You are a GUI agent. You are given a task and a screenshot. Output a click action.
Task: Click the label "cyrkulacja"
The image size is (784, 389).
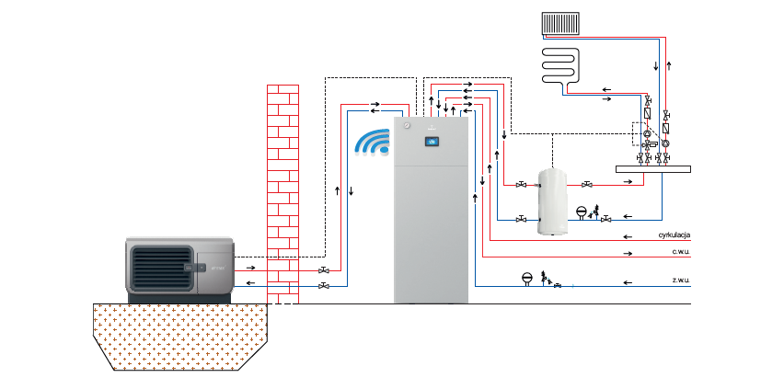674,236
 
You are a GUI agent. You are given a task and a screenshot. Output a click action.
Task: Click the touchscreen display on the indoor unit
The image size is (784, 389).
432,142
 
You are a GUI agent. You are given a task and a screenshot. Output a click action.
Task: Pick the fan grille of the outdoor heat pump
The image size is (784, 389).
159,268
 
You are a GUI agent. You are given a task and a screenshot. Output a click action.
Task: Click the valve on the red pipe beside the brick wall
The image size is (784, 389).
324,271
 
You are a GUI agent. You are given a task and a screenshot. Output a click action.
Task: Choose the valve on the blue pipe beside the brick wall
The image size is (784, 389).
324,287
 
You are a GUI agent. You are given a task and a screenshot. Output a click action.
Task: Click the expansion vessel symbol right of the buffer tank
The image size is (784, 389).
582,211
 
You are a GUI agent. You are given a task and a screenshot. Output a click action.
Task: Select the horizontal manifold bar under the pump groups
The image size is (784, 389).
651,168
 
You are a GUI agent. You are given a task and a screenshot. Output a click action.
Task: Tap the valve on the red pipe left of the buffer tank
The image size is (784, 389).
522,184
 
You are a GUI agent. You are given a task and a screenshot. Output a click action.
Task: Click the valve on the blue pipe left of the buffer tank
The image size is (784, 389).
522,218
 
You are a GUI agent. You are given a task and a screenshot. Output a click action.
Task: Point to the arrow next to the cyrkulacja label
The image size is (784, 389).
628,237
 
